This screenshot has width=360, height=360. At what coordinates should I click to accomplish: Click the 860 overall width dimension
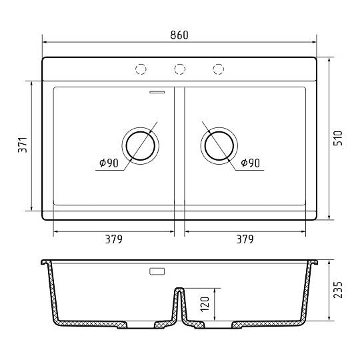pyautogui.click(x=179, y=35)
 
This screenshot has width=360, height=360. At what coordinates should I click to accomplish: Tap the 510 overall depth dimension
pyautogui.click(x=338, y=138)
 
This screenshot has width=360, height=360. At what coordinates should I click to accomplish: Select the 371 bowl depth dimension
pyautogui.click(x=23, y=145)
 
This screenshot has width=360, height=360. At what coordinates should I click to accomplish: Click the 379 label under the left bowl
pyautogui.click(x=113, y=239)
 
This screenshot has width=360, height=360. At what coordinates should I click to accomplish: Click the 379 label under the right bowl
pyautogui.click(x=245, y=239)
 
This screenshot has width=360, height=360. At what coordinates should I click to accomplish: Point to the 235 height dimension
pyautogui.click(x=338, y=290)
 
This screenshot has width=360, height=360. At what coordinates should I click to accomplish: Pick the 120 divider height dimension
pyautogui.click(x=205, y=304)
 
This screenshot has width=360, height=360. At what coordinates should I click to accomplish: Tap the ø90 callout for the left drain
pyautogui.click(x=109, y=163)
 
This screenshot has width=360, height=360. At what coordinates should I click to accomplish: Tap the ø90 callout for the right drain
pyautogui.click(x=250, y=163)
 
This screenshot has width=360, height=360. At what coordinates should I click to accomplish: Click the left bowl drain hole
pyautogui.click(x=140, y=146)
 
